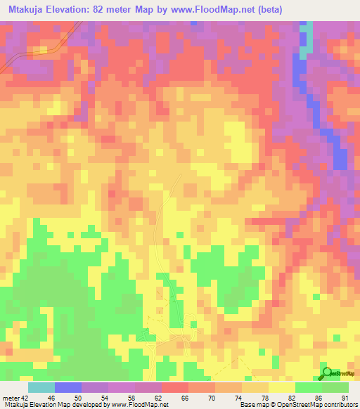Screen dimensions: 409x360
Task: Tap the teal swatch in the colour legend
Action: [x=41, y=387]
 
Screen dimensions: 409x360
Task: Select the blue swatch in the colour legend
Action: [x=68, y=387]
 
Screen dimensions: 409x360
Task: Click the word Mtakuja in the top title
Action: [x=28, y=8]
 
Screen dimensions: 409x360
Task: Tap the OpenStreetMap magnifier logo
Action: [x=326, y=373]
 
